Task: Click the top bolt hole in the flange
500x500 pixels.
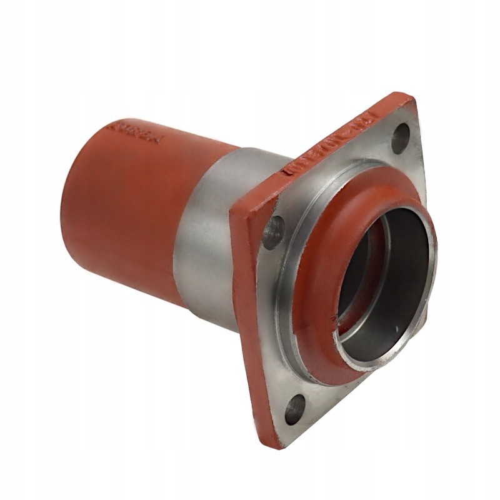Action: [x=401, y=134]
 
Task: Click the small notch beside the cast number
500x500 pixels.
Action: [x=288, y=167]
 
